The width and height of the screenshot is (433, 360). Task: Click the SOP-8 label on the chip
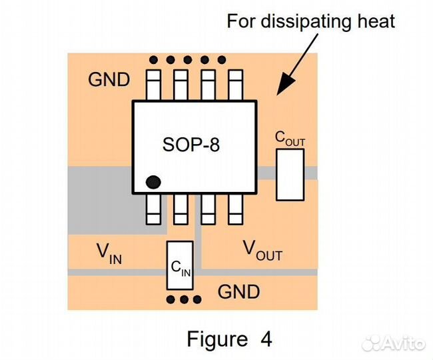pos(191,144)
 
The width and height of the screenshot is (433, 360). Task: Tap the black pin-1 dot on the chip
pos(154,181)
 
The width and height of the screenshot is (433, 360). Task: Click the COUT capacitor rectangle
pos(290,174)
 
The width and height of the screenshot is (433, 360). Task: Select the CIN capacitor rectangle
pos(181,265)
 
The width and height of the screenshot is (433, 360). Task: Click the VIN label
pos(109,253)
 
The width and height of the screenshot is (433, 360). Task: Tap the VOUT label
pos(262,251)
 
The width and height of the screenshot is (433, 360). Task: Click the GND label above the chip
pos(109,80)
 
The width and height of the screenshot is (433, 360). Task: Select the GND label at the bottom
pos(238,291)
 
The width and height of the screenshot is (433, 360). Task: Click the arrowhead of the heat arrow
pos(282,85)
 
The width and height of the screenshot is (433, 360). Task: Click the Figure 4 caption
pos(228,339)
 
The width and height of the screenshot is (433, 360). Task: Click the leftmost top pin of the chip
pos(153,84)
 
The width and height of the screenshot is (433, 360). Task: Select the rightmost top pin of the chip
pos(234,84)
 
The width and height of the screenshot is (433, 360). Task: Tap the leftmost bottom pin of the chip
pos(153,209)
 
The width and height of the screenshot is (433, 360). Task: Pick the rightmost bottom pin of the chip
pos(234,209)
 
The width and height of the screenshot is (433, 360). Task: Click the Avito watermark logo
pos(392,343)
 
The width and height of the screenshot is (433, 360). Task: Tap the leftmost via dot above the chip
pos(154,59)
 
